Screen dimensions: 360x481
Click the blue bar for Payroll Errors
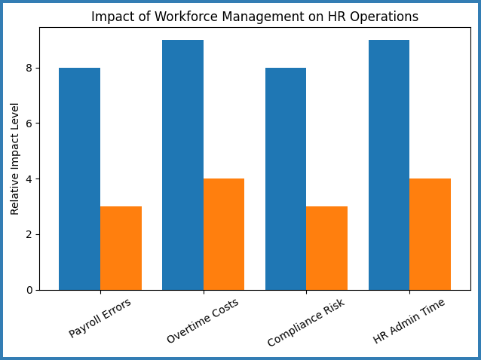tap(79, 178)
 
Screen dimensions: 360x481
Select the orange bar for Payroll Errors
tap(121, 248)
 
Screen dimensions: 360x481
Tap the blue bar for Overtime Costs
tap(182, 165)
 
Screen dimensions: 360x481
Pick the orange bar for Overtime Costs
tap(224, 234)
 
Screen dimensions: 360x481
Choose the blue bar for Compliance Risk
tap(286, 178)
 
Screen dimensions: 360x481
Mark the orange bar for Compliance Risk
tap(326, 248)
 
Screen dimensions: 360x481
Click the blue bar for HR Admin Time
tap(389, 165)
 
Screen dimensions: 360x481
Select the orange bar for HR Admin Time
tap(430, 234)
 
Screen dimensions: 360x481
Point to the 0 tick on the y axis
tap(30, 290)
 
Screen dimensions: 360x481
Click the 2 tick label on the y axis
tap(30, 234)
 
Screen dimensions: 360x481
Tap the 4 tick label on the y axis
tap(30, 179)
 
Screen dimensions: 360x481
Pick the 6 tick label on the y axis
tap(30, 124)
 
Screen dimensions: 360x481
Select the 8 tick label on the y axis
tap(30, 68)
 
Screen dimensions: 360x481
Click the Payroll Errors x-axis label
tap(100, 318)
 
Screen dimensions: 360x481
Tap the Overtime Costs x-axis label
tap(203, 321)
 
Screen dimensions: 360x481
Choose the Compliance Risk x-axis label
tap(306, 322)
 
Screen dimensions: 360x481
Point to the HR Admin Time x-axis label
tap(409, 321)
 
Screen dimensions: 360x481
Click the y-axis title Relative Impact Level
tap(15, 159)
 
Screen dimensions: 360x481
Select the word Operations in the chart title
tap(387, 17)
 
